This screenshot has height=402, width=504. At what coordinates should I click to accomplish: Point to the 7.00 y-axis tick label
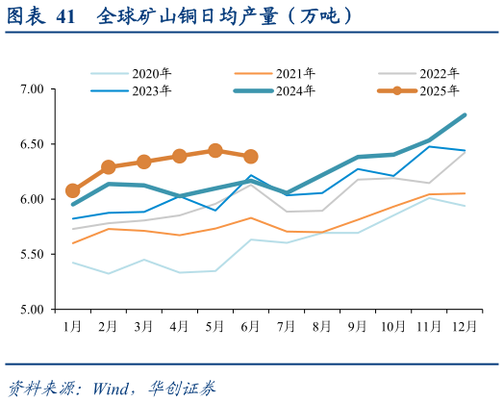point(33,89)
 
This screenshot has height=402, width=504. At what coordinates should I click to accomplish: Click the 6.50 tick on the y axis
point(33,144)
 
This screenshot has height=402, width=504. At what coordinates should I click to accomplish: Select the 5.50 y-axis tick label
point(33,255)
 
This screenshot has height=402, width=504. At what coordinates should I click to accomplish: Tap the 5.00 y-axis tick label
point(33,310)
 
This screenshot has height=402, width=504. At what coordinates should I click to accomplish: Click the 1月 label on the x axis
point(73,327)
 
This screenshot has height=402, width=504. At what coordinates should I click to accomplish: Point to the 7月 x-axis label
point(286,327)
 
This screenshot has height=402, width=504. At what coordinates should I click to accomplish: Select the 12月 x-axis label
point(465,327)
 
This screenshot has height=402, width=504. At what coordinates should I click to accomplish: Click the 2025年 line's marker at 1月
point(73,190)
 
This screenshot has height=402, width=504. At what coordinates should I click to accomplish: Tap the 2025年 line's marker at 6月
point(251,157)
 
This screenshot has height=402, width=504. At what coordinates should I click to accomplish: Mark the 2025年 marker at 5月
point(215,151)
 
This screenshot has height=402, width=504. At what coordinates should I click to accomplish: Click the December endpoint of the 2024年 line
point(466,115)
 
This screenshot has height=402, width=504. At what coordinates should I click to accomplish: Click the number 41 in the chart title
point(64,16)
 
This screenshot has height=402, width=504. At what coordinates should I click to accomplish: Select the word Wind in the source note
point(109,388)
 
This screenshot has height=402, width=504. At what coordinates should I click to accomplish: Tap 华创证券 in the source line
point(183,388)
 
